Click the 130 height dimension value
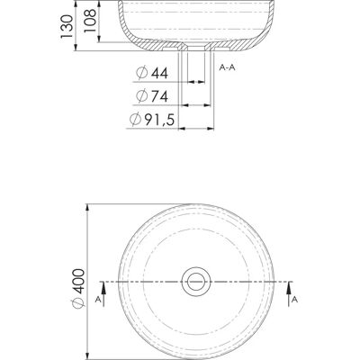coord(67,26)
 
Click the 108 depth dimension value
coord(90,21)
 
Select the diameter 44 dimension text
coord(152,73)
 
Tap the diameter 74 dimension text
coord(152,96)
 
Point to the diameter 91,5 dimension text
coord(152,120)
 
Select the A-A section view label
coord(227,67)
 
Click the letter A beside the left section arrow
coord(98,300)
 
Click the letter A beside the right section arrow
coord(295,300)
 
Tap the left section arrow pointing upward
coord(103,294)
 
